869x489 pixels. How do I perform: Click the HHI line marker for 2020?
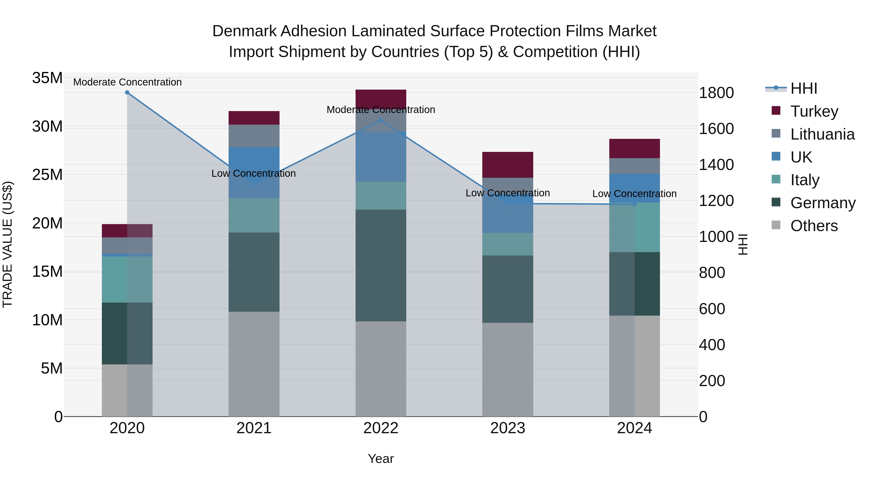[127, 92]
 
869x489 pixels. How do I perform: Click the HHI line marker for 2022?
[381, 120]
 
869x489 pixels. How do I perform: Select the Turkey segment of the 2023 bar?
[507, 165]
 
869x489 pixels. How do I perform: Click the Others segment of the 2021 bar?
[254, 364]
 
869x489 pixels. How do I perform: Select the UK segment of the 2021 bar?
[254, 172]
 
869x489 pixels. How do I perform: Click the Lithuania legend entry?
[822, 134]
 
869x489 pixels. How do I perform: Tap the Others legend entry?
[814, 226]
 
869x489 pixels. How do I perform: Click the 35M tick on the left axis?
[47, 78]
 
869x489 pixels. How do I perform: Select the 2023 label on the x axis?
[507, 428]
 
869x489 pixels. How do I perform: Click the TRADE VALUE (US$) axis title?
[8, 244]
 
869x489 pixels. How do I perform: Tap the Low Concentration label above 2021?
[253, 173]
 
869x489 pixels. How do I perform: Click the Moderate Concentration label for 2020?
[127, 82]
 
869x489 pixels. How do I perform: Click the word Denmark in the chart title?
[244, 31]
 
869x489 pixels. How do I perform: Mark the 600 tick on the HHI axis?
[712, 309]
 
